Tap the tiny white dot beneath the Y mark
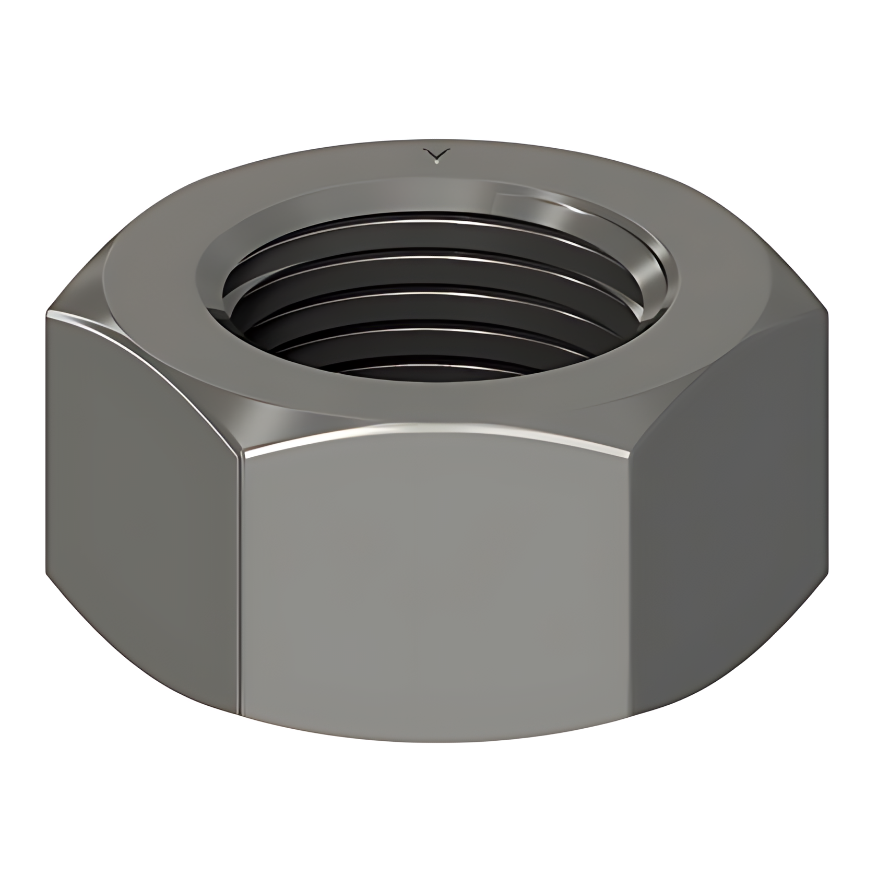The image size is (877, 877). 437,162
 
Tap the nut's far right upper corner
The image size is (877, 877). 828,312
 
